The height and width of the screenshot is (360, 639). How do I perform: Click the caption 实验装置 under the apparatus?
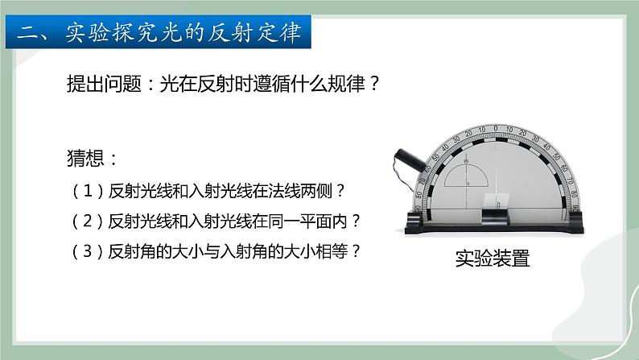pyautogui.click(x=493, y=259)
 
